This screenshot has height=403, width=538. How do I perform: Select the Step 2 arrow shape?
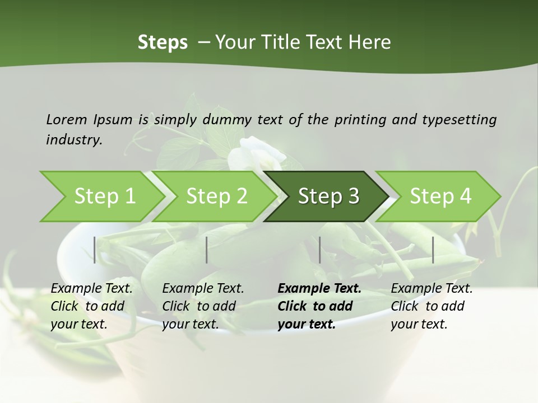pos(216,196)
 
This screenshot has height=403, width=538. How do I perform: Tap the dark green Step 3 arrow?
pos(328,196)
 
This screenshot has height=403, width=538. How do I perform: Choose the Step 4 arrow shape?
pos(440,196)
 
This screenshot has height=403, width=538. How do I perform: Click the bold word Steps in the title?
pos(163,43)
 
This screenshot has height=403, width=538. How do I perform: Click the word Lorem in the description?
pos(67,119)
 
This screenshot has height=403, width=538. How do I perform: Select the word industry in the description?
pos(73,140)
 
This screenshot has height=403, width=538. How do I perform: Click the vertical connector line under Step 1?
pos(95,250)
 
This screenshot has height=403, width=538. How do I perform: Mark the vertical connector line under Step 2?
pos(207,250)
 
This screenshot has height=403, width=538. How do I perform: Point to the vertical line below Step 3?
pos(320,250)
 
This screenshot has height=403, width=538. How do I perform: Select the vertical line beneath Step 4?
pos(433,250)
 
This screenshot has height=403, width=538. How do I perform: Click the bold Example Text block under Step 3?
pos(319,306)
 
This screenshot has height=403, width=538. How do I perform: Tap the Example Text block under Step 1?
pos(91,306)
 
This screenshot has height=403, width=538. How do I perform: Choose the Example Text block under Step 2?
pos(203,306)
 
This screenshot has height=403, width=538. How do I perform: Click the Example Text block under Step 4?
pos(432,306)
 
